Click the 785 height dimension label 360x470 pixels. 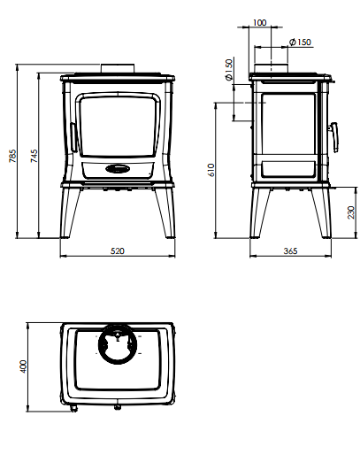click(x=12, y=156)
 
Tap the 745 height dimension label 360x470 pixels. click(x=34, y=156)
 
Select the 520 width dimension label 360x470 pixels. click(x=118, y=250)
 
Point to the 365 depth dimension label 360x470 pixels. click(x=290, y=250)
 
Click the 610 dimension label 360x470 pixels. click(x=211, y=170)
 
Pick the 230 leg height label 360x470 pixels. click(x=351, y=212)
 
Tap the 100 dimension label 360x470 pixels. click(x=260, y=23)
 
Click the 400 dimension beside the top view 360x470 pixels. click(x=23, y=366)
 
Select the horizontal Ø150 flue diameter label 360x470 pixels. click(x=300, y=42)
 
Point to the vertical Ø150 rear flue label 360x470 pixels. click(x=228, y=70)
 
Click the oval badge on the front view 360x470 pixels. click(x=119, y=169)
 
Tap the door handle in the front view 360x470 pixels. click(x=73, y=137)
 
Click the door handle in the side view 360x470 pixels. click(x=334, y=137)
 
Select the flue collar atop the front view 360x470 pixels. click(x=118, y=68)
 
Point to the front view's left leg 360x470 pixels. click(x=70, y=212)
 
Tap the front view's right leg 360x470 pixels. click(x=165, y=212)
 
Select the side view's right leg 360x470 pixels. click(x=322, y=212)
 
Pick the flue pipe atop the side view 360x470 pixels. click(x=272, y=68)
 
